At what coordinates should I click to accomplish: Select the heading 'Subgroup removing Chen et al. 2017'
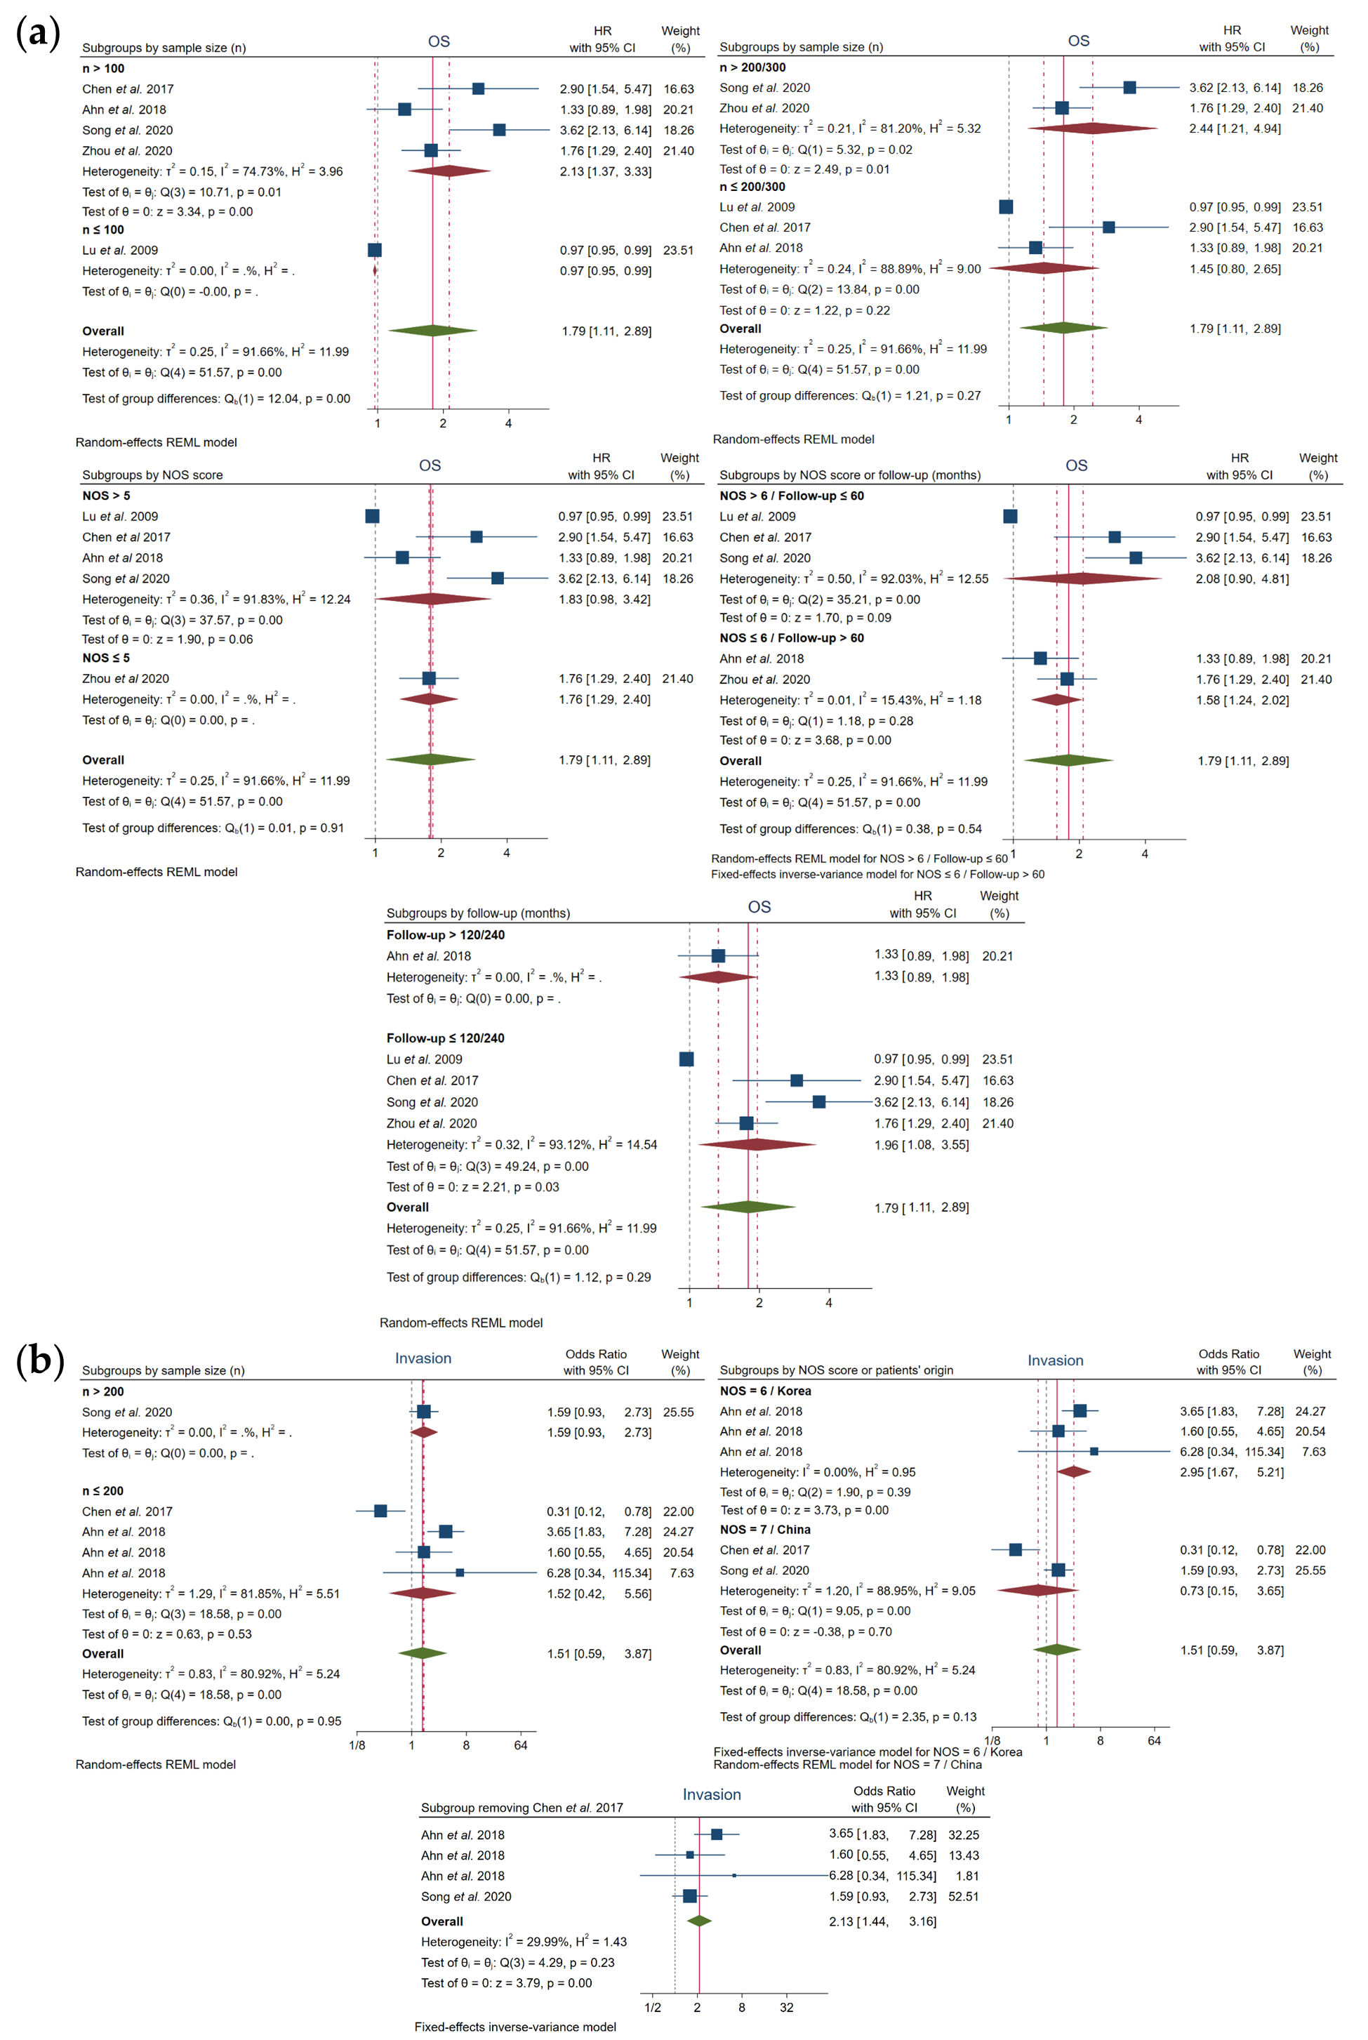click(x=522, y=1807)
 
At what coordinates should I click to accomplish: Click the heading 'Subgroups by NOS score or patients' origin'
click(x=836, y=1370)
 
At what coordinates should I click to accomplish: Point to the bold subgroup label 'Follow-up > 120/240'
click(x=445, y=934)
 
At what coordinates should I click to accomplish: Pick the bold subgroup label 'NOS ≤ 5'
click(x=105, y=658)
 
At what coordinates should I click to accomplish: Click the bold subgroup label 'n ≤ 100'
click(x=103, y=230)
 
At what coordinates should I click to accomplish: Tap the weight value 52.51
click(x=963, y=1896)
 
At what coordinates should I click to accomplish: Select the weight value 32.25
click(x=963, y=1835)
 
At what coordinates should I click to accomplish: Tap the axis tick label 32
click(x=786, y=2007)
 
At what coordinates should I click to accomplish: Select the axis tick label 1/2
click(x=653, y=2007)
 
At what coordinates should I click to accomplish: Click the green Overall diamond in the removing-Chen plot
click(x=699, y=1921)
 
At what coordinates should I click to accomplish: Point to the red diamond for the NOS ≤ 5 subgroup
click(x=428, y=699)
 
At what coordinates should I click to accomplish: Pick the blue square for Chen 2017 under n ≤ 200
click(x=380, y=1511)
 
